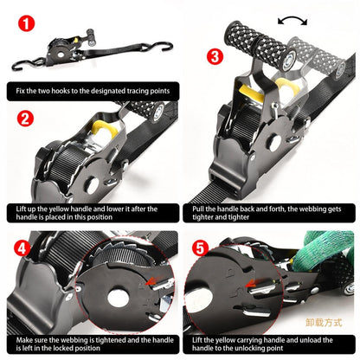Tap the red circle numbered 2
tap(26, 119)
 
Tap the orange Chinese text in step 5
tap(324, 323)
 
